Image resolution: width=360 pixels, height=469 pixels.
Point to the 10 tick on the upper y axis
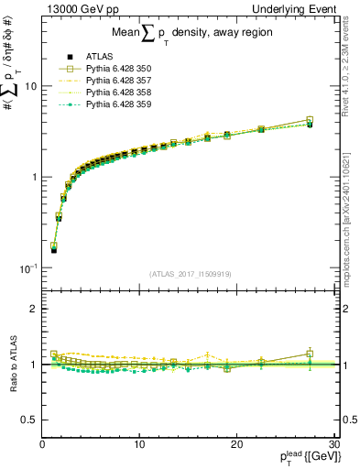29,86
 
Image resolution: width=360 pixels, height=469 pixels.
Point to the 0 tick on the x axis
42,445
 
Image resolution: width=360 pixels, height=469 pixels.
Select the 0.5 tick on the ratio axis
27,420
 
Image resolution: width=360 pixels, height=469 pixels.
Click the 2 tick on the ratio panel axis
33,309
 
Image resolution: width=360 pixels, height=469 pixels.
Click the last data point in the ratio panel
310,354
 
